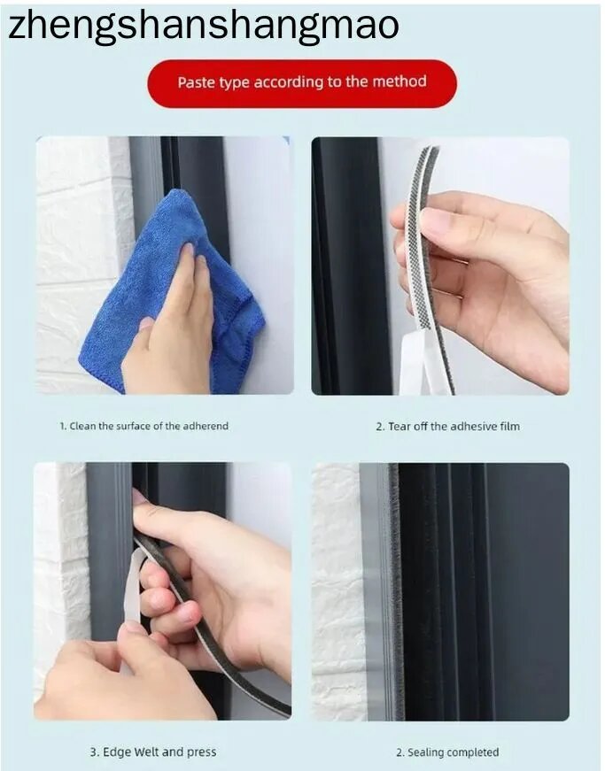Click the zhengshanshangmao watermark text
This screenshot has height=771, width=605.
coord(203,27)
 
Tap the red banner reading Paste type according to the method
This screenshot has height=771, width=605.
coord(302,83)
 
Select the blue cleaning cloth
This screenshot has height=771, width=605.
coord(172,290)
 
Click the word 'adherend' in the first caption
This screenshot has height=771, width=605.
coord(206,426)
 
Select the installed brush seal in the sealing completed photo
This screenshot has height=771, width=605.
coord(394,590)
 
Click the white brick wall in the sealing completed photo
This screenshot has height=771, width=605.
coord(339,590)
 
